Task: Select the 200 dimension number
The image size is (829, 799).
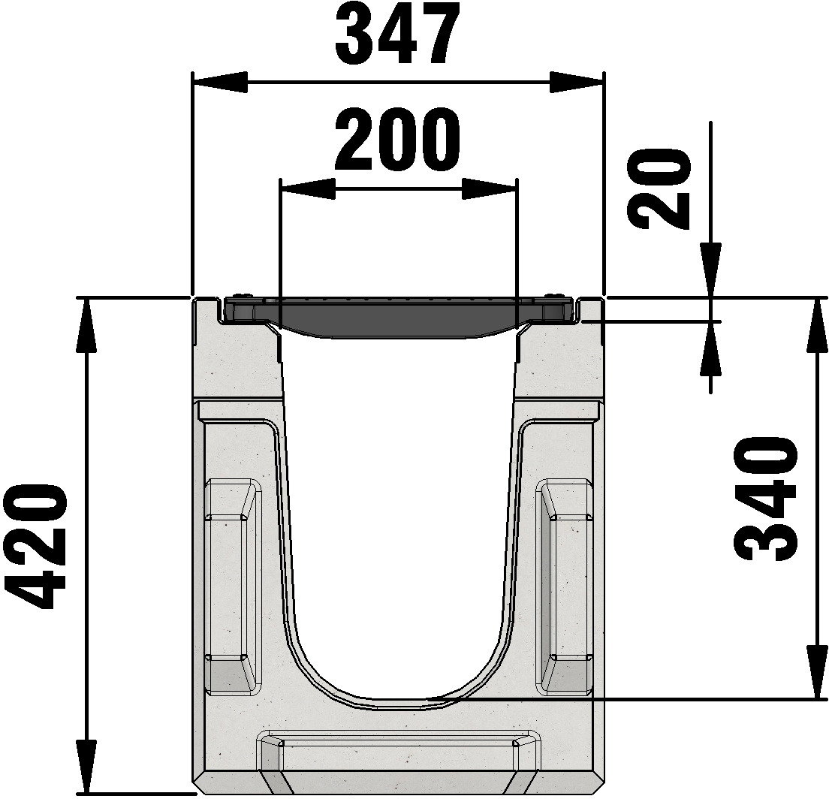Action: (x=397, y=140)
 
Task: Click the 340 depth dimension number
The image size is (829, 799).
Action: (x=766, y=498)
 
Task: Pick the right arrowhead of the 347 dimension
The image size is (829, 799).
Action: (x=576, y=83)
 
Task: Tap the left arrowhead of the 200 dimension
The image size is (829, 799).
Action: (x=308, y=188)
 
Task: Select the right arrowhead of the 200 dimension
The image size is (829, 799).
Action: (x=489, y=188)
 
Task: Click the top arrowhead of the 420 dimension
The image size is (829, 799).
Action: (x=87, y=326)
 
